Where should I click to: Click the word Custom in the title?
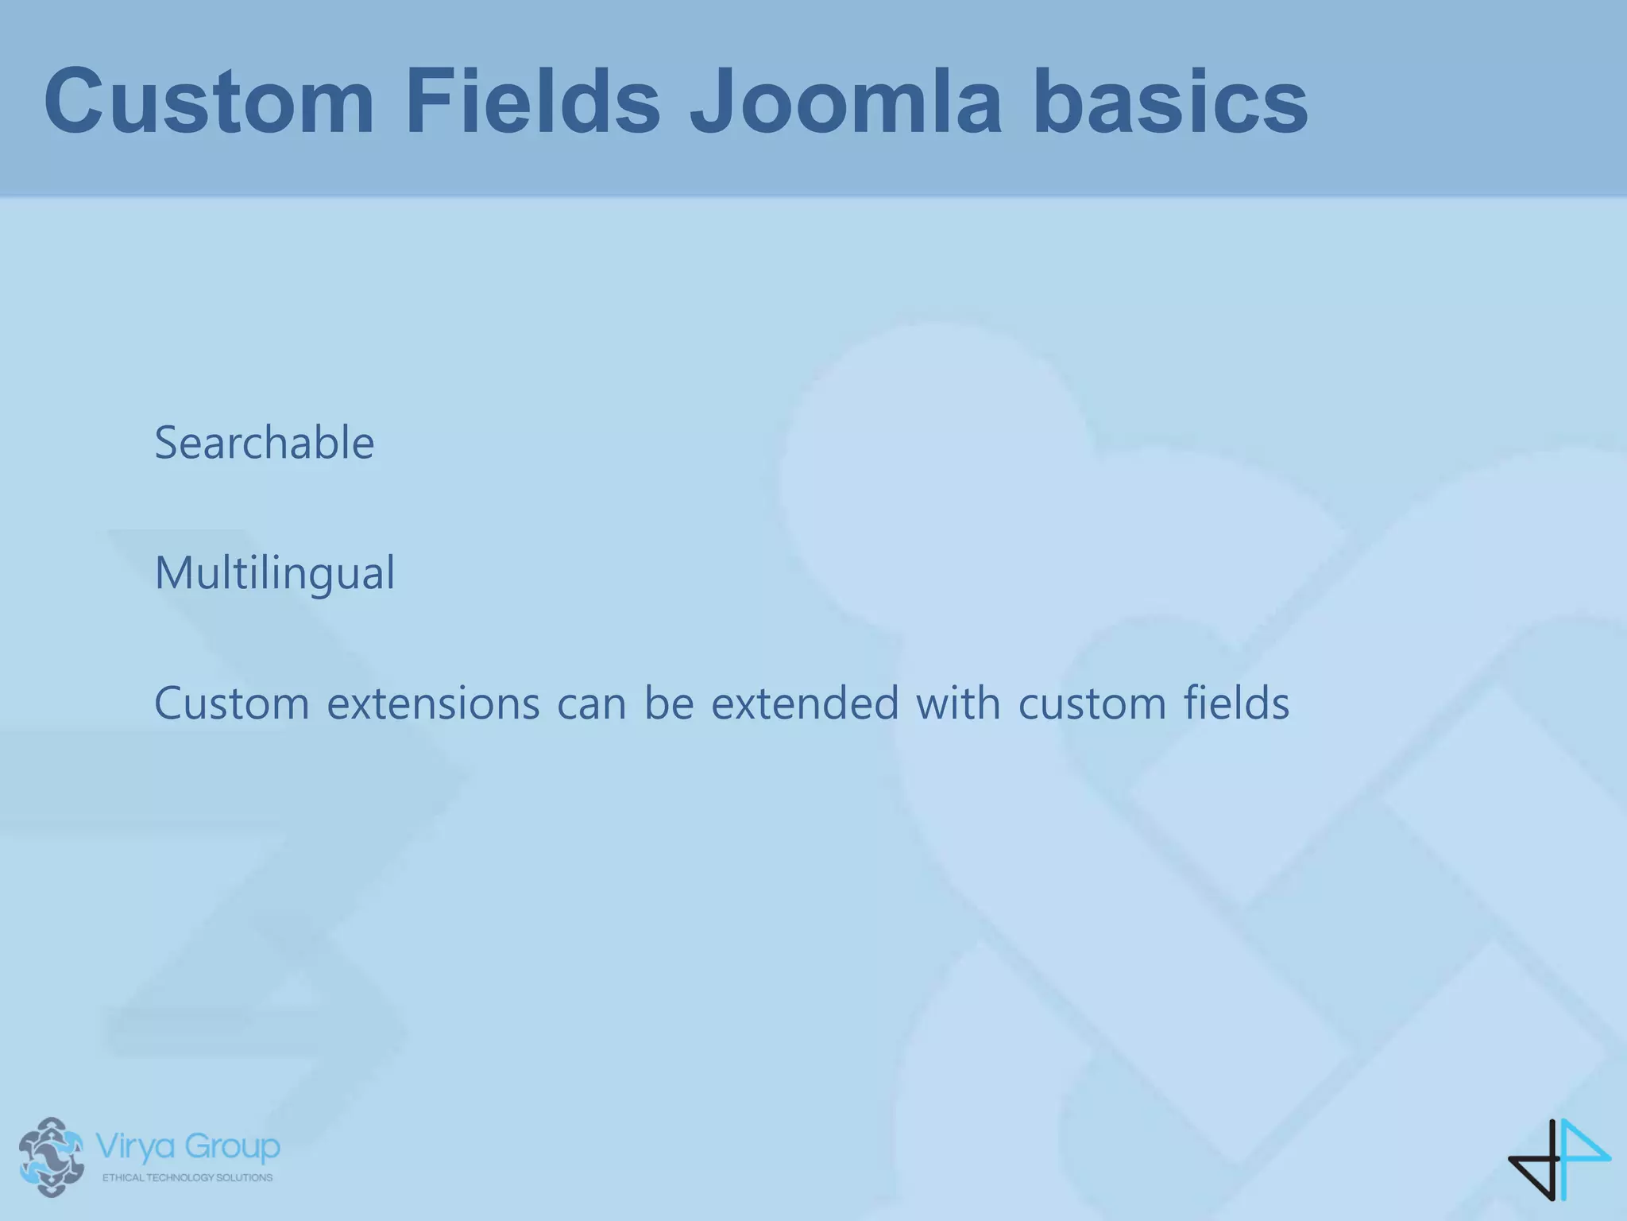pyautogui.click(x=209, y=102)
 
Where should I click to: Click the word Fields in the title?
pyautogui.click(x=532, y=102)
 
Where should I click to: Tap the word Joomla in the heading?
pyautogui.click(x=845, y=102)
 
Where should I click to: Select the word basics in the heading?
pyautogui.click(x=1169, y=102)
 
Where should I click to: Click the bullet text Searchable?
pyautogui.click(x=264, y=443)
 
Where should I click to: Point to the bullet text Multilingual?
pyautogui.click(x=274, y=573)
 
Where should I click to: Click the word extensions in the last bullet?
pyautogui.click(x=433, y=704)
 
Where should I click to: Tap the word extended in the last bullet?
pyautogui.click(x=804, y=704)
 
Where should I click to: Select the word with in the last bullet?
pyautogui.click(x=957, y=704)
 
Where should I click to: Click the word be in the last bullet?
pyautogui.click(x=669, y=704)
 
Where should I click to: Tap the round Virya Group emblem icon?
pyautogui.click(x=51, y=1157)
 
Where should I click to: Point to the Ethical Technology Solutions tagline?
pyautogui.click(x=187, y=1177)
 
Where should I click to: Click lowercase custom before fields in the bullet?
pyautogui.click(x=1092, y=704)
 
